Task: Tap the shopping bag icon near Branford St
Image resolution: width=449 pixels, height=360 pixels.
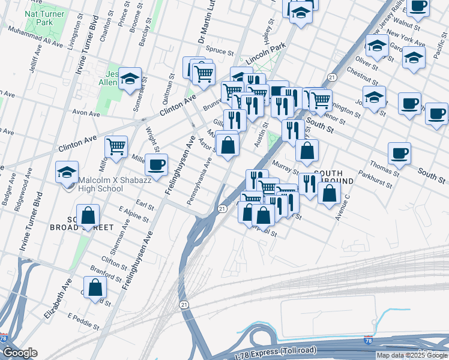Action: coord(95,287)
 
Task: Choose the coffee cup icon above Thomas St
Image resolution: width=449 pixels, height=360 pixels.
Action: coord(399,153)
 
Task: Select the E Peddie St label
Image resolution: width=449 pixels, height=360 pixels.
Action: coord(83,320)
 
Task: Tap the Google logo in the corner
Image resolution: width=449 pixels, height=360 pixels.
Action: coord(20,353)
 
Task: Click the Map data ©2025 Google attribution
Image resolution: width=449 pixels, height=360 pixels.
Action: coord(412,355)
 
